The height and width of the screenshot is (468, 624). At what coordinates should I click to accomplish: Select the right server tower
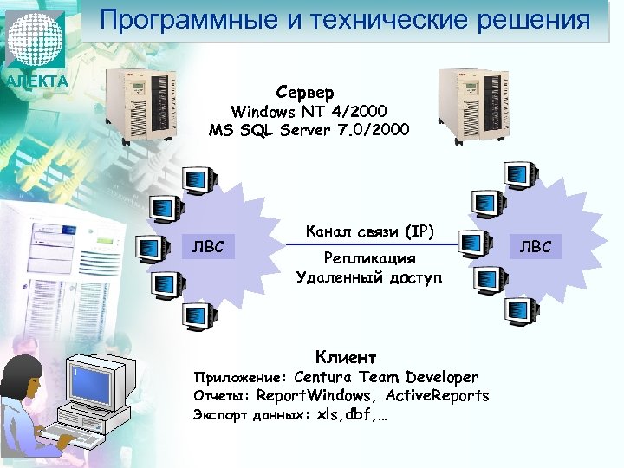(469, 105)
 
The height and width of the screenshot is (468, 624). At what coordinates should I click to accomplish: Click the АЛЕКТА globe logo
(36, 41)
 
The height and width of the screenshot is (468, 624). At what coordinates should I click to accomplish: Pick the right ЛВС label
(542, 248)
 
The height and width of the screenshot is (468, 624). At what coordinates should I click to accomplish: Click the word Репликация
(369, 258)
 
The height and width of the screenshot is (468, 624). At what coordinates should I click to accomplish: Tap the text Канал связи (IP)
(370, 231)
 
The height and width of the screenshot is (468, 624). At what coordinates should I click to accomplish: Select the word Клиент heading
(346, 356)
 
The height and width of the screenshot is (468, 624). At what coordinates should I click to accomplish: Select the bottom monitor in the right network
(520, 310)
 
